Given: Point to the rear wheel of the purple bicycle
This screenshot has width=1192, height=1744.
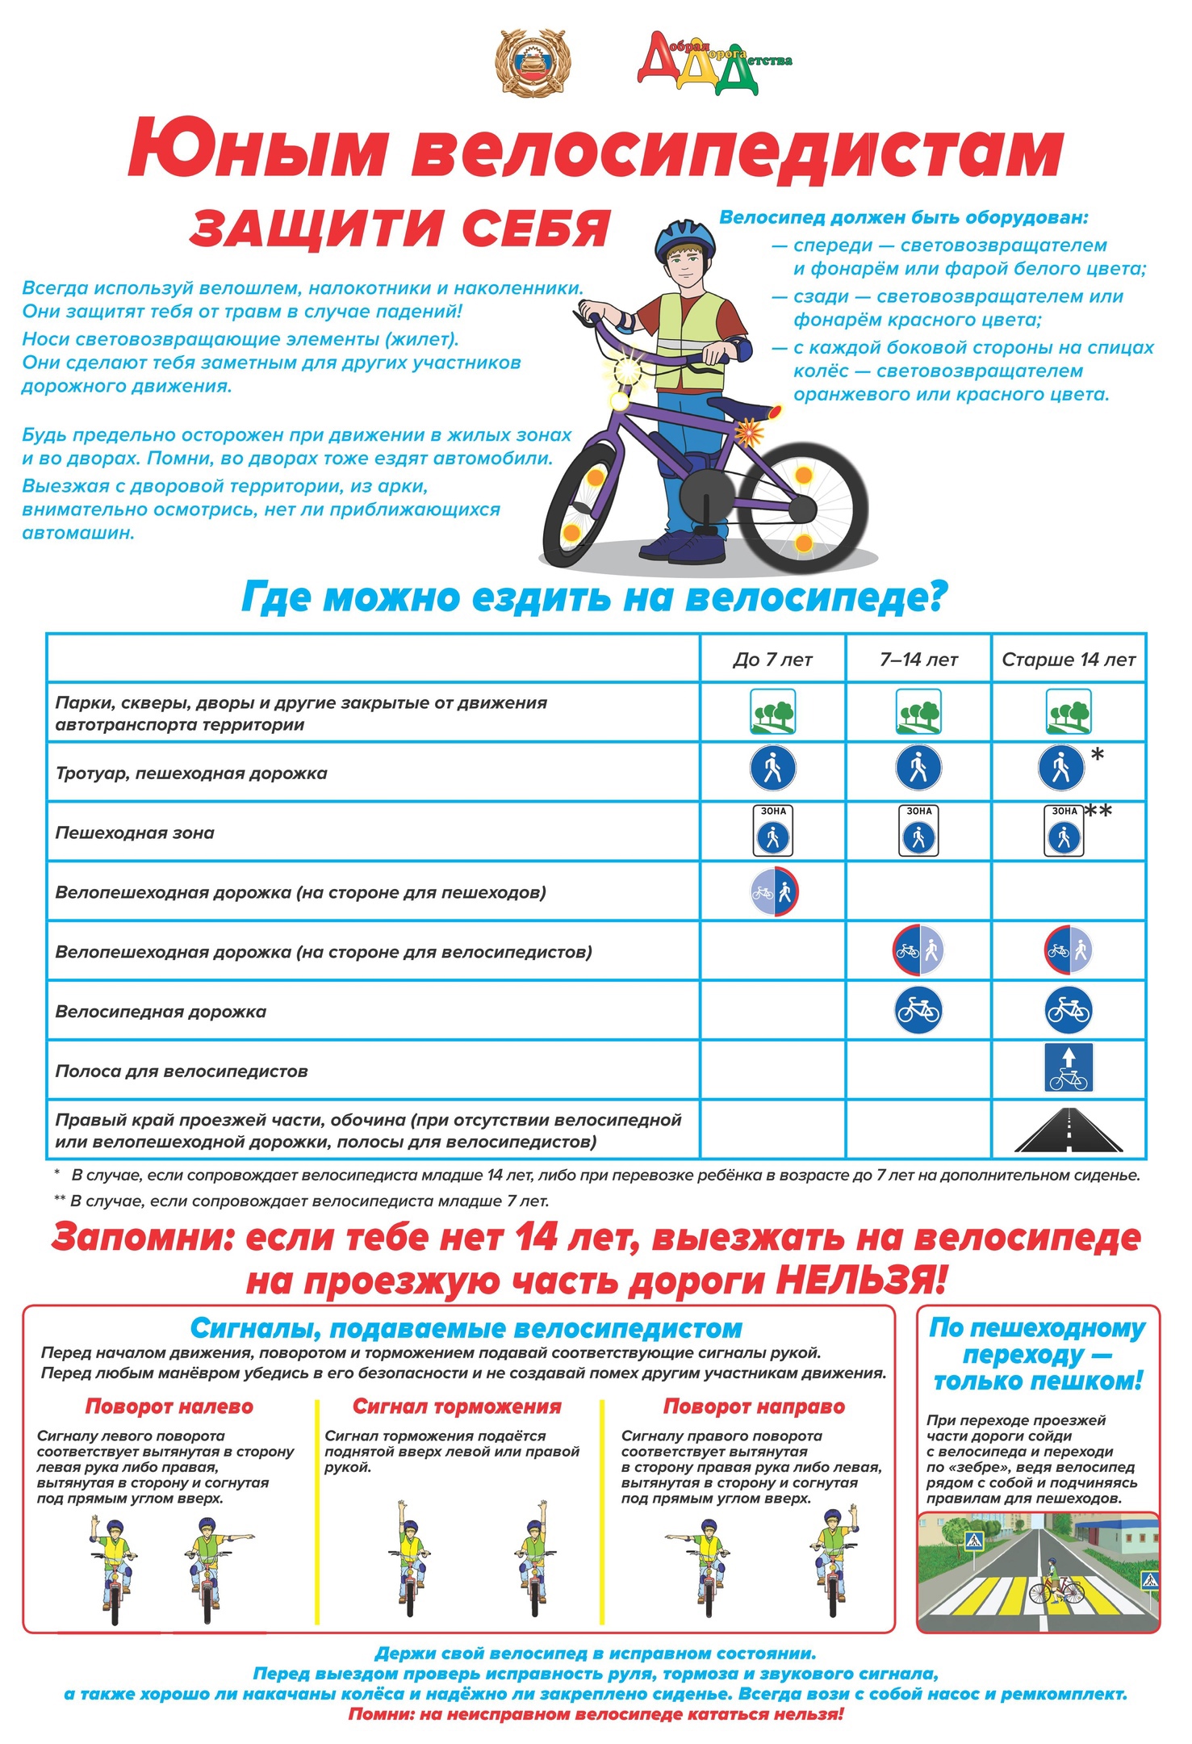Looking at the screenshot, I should tap(802, 509).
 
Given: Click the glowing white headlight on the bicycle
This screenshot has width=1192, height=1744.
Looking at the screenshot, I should tap(627, 372).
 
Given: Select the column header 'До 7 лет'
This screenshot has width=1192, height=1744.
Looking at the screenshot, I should tap(772, 660).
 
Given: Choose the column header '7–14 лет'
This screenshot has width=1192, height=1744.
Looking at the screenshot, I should tap(918, 660).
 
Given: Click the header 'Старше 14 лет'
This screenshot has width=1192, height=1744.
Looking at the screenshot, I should tap(1069, 660).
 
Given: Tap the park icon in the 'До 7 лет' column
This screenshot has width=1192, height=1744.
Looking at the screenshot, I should tap(773, 711).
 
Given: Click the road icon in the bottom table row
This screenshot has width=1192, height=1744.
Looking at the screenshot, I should tap(1069, 1130).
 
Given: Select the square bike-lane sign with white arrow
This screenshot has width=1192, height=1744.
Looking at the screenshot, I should tap(1069, 1067).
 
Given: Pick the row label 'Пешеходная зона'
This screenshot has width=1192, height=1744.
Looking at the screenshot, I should tap(135, 833).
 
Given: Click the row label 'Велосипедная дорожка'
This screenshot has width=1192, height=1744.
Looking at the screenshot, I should tap(161, 1012).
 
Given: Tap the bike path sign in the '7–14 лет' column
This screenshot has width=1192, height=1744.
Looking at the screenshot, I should tap(918, 1010).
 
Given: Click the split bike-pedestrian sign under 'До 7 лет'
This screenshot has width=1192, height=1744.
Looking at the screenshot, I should tap(774, 892).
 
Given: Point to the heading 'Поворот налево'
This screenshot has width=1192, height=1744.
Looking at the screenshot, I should tap(169, 1407).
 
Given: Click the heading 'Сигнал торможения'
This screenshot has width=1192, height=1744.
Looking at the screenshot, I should tap(457, 1407).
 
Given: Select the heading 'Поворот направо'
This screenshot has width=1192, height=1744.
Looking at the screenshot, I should tap(754, 1407).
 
